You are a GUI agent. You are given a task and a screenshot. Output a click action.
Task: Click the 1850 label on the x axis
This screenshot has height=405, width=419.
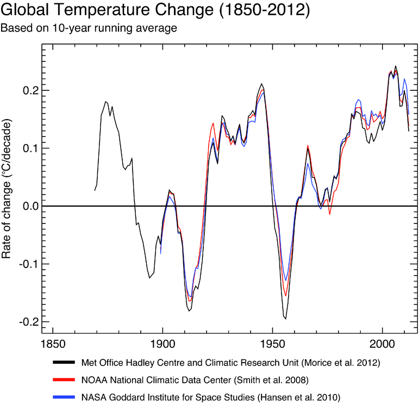(52, 344)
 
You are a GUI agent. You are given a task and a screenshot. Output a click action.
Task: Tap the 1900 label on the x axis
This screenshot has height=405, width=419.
(162, 344)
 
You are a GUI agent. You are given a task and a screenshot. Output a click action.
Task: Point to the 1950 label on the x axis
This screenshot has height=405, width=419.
(272, 344)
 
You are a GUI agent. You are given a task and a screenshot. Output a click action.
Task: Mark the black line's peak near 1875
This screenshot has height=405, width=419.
(105, 102)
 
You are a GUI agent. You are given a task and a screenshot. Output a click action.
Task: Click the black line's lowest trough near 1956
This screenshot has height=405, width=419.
(285, 319)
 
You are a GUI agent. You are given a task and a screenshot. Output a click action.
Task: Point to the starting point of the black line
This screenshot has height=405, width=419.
(95, 190)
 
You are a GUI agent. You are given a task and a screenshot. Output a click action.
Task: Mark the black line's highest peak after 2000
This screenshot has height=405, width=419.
(395, 66)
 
